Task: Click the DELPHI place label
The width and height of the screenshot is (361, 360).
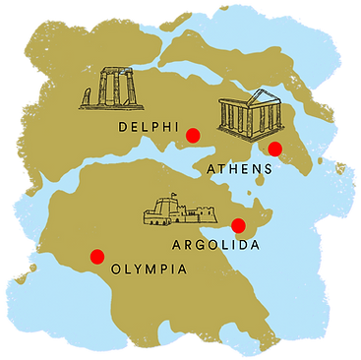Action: point(149,127)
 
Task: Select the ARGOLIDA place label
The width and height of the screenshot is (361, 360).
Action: point(215,244)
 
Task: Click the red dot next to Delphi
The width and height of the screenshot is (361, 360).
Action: point(194,135)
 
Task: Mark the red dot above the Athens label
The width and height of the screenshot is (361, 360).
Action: point(275,149)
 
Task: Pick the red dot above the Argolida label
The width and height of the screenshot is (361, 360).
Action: point(237,225)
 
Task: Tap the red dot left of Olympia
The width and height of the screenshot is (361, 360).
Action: point(96,257)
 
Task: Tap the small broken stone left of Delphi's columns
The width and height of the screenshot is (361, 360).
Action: point(87,100)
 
